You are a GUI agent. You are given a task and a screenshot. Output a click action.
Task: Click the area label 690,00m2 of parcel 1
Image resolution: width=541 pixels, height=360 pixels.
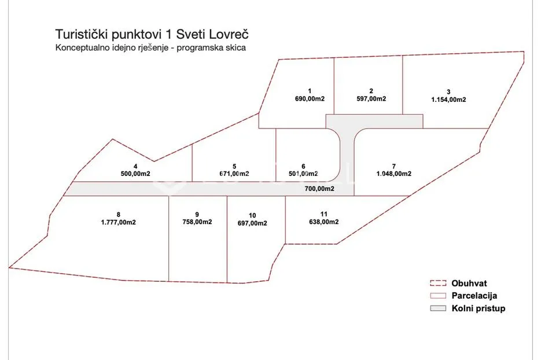310,99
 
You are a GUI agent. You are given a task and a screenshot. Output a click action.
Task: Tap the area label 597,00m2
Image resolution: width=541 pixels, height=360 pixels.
371,99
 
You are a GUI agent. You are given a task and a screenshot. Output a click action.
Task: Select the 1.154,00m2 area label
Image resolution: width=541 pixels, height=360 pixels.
448,100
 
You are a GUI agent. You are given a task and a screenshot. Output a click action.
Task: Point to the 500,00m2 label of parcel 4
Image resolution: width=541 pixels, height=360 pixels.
135,174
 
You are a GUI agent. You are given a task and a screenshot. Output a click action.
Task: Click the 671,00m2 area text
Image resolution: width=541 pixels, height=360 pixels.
234,174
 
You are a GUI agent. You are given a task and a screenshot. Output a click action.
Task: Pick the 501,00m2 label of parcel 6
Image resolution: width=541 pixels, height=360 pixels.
303,174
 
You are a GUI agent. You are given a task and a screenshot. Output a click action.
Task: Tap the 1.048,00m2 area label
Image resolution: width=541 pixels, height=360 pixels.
393,174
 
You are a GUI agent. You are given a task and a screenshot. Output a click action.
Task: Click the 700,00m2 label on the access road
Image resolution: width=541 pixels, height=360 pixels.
319,189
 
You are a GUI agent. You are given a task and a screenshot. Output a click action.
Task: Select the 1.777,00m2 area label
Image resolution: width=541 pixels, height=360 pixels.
119,222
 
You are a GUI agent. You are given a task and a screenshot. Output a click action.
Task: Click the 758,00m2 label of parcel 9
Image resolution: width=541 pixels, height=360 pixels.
197,222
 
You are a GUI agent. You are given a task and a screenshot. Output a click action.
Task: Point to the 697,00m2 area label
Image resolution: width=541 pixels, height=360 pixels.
252,223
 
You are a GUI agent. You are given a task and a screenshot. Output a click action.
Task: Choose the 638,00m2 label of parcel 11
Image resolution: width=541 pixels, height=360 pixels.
323,222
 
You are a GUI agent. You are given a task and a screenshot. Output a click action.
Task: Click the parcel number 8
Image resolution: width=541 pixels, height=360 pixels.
119,215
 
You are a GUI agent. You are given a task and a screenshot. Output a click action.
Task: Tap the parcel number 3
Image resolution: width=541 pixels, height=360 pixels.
448,92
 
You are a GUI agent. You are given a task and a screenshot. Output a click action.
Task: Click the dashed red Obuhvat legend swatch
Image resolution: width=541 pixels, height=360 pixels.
438,284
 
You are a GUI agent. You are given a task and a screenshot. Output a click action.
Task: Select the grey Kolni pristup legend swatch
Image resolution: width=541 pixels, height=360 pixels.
438,308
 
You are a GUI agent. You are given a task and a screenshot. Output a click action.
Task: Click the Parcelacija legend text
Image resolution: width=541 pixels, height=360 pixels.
474,296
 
